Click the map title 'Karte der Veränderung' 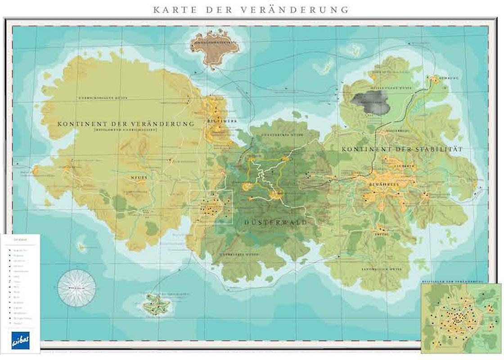tap(251, 9)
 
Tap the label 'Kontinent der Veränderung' tap(126, 123)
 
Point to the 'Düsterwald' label tap(276, 222)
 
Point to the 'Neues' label tap(139, 177)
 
